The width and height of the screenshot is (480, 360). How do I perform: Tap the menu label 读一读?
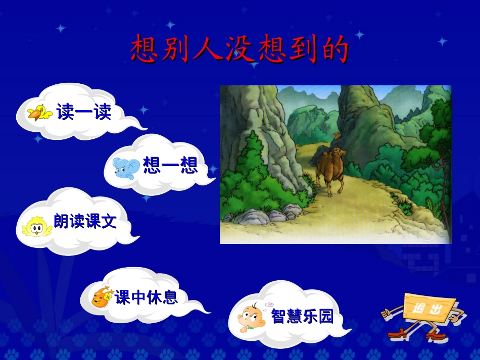tap(84, 112)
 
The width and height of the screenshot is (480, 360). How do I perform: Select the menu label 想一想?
tap(170, 165)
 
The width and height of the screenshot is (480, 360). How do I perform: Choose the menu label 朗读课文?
tap(85, 221)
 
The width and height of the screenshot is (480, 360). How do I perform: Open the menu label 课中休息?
tap(147, 297)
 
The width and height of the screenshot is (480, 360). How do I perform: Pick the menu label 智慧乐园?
tap(302, 317)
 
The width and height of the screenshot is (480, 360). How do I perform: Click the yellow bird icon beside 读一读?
tap(40, 113)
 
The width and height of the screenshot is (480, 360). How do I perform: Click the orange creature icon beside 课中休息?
tap(103, 297)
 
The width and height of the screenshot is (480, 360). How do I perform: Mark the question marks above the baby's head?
tap(269, 305)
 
